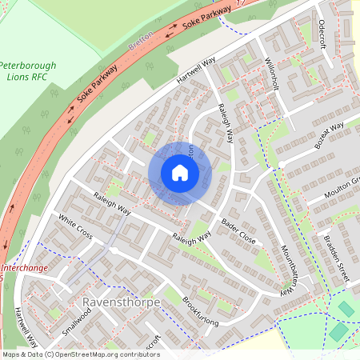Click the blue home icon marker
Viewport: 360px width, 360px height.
coord(180,172)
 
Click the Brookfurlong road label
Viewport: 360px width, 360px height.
coord(200,312)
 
